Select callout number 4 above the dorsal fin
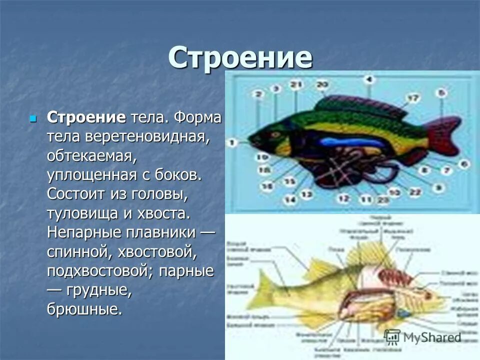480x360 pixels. (368, 79)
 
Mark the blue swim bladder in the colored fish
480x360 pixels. (350, 142)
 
